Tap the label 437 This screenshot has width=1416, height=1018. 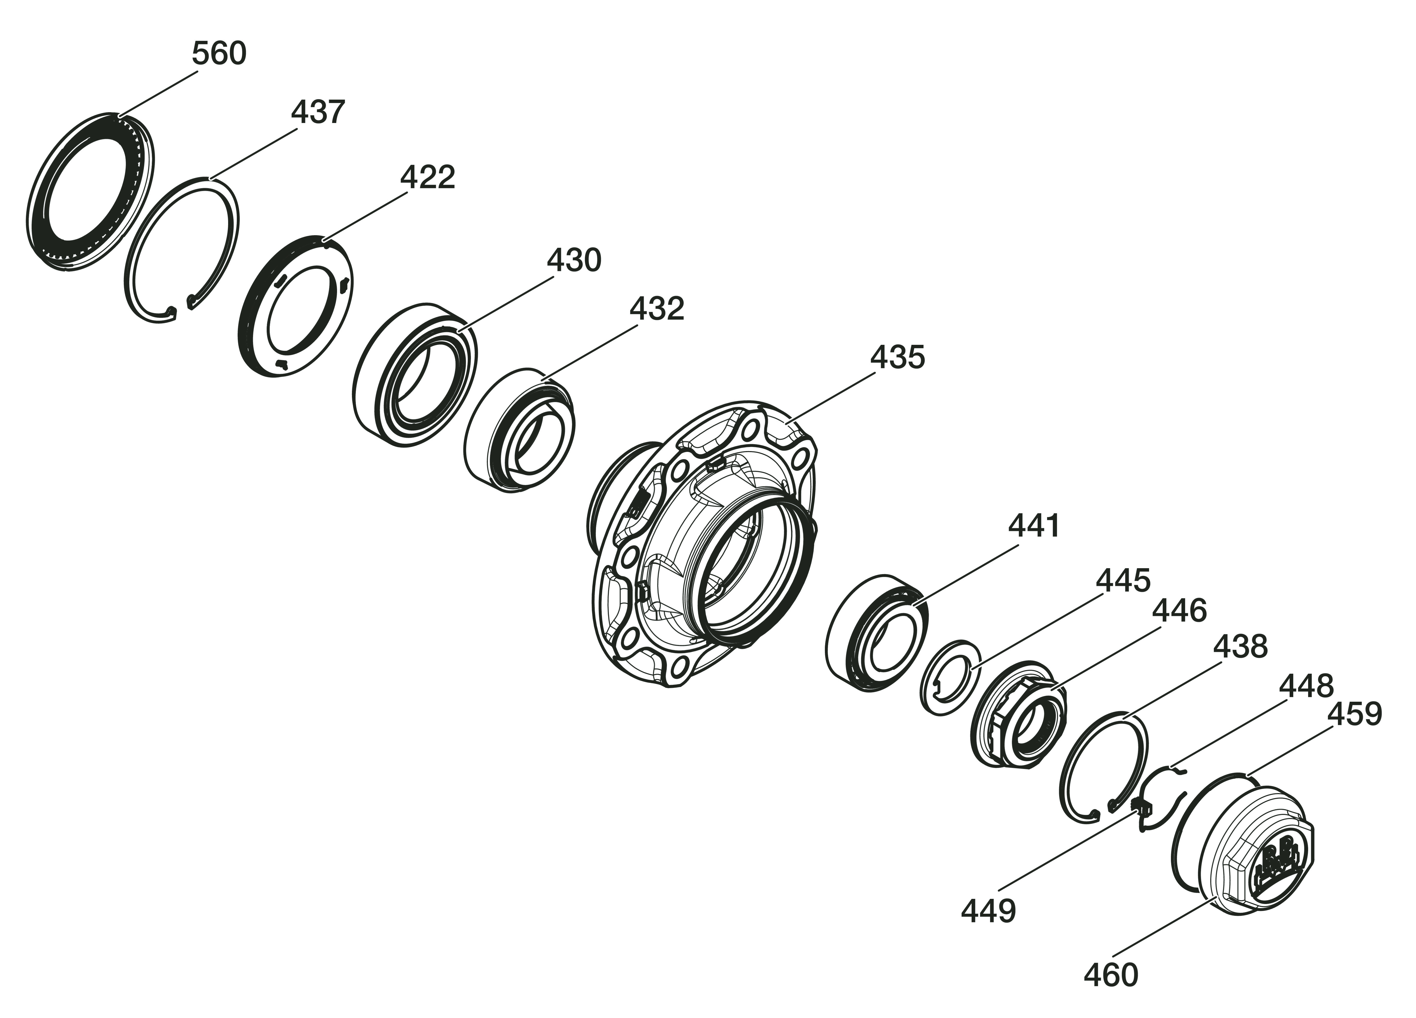318,112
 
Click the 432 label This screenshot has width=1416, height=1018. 657,308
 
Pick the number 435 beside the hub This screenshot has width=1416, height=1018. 897,358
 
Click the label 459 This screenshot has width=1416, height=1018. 1354,714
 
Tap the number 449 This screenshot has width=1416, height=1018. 988,911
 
